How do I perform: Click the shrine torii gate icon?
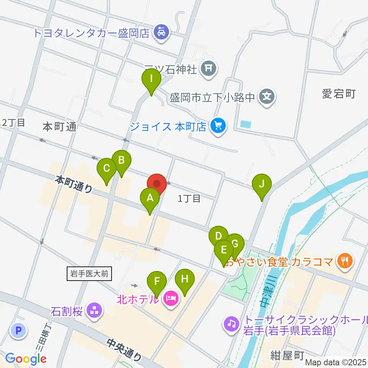point(209,69)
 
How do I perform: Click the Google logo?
point(26,359)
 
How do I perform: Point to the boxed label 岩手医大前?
point(90,274)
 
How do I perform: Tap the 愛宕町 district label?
point(339,94)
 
